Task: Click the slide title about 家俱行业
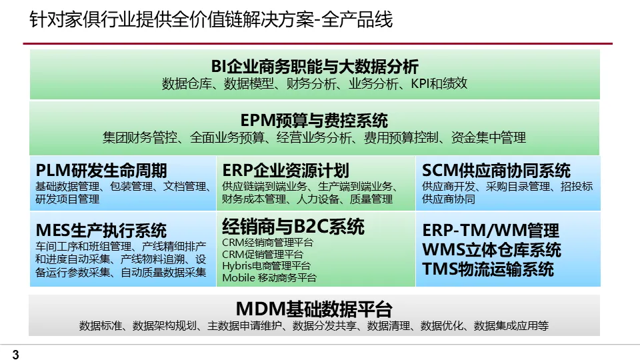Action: point(211,20)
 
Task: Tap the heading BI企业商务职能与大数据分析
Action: point(315,66)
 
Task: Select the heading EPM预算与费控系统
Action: point(314,121)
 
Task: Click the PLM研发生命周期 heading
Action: point(101,170)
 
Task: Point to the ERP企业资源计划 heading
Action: point(286,170)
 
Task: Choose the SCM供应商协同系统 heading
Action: point(497,170)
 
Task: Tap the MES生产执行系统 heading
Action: point(101,231)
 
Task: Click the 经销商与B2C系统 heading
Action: point(293,226)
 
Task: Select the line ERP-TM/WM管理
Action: point(491,231)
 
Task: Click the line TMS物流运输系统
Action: point(488,269)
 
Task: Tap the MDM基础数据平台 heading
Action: point(314,309)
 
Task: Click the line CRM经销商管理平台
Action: point(267,243)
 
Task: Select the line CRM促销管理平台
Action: point(263,254)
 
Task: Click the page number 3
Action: point(15,355)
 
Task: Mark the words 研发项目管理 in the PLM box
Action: point(67,199)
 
